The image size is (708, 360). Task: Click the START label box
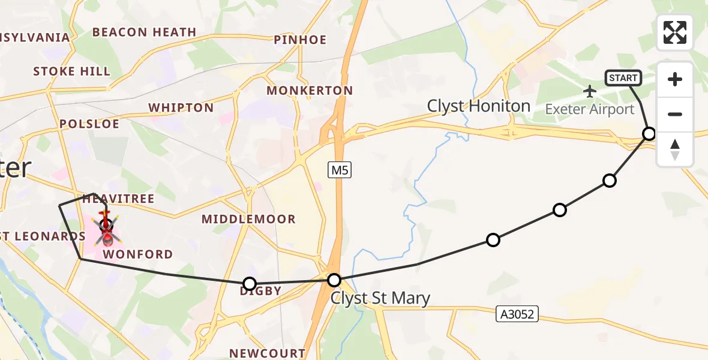point(623,78)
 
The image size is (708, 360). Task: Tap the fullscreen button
point(675,32)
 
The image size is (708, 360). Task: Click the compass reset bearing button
point(675,149)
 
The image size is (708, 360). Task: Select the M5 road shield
point(340,170)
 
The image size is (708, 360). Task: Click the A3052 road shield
point(517,313)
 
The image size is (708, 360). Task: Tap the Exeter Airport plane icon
point(590,91)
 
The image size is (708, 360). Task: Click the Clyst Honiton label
point(478,106)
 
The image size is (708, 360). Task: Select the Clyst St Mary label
point(380,298)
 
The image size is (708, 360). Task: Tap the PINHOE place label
point(300,40)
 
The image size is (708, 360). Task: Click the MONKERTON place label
point(310,91)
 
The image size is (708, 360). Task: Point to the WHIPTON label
point(181,108)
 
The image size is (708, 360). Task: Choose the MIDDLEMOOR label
point(248,219)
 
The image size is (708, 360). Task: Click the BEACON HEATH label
point(144,32)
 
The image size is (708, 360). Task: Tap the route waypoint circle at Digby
point(250,283)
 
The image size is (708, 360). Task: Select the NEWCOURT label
point(268,353)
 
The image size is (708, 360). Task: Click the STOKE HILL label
point(71,72)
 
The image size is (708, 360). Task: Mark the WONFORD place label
point(138,254)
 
